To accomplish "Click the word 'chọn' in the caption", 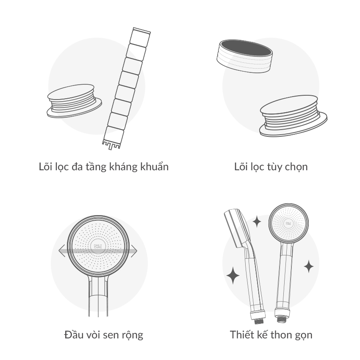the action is pos(296,167).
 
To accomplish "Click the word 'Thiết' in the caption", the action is pos(242,335).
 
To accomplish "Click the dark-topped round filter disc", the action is pos(245,56).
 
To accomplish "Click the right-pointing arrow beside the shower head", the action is pos(134,251).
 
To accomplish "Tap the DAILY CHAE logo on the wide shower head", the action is pos(98,246).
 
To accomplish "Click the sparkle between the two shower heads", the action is pos(257,222).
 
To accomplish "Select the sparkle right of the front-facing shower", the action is pos(309,266).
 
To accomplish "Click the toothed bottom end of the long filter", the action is pos(111,144).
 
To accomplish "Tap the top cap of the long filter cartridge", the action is pos(141,31).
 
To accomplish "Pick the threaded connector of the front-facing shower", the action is pos(282,319).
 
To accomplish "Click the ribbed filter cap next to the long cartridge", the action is pos(75,101).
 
